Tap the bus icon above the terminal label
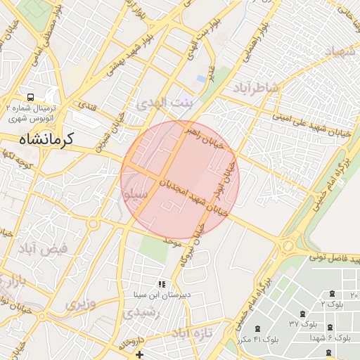[30, 97]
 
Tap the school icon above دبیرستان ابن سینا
[162, 285]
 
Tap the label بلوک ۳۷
[303, 324]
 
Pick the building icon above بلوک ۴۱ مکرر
[256, 328]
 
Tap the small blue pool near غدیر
[202, 77]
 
